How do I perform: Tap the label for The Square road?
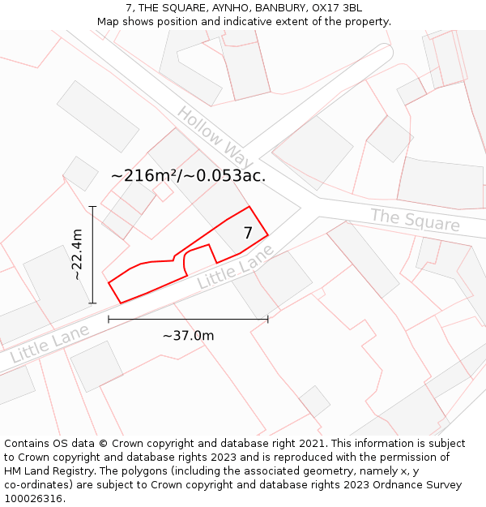coord(415,220)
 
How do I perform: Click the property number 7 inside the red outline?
coord(248,234)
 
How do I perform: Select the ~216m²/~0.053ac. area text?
coord(189,174)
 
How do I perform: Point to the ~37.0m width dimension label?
coord(188,336)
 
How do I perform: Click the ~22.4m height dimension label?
coord(78,255)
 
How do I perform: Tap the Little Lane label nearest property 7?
coord(237,267)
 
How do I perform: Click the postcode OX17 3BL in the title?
coord(335,8)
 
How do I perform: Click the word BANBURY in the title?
coord(279,8)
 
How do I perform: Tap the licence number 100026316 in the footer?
coord(33,499)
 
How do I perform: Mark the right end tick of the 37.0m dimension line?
coord(267,320)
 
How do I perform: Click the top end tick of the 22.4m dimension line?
coord(93,206)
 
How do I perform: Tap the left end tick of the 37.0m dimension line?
coord(109,320)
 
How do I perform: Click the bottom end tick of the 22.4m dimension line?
coord(93,303)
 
